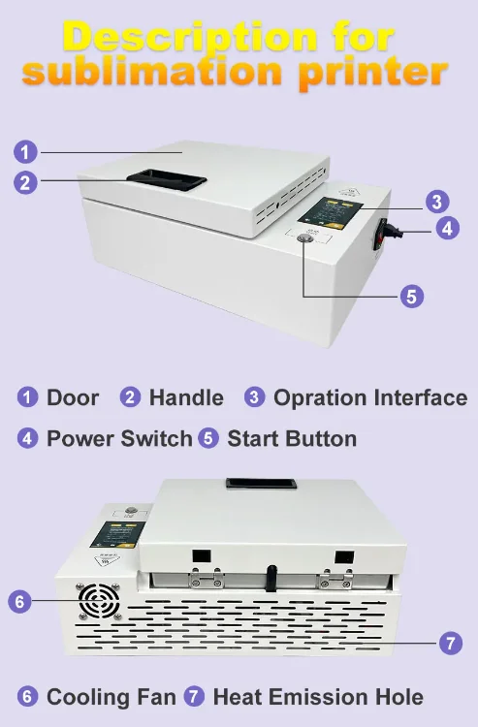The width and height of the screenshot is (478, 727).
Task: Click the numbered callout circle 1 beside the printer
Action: point(25,151)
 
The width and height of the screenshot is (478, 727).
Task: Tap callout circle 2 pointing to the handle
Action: point(25,182)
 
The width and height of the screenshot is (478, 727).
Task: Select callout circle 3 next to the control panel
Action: point(436,202)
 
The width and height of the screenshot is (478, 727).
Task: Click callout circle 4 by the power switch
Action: point(447,228)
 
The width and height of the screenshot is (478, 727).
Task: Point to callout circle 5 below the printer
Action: point(412,296)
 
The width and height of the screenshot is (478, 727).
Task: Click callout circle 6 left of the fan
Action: point(20,601)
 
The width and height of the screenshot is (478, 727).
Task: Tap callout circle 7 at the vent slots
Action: point(451,643)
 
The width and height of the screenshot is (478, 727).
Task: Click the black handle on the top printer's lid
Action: point(166,180)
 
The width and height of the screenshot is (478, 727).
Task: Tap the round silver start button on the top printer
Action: point(305,238)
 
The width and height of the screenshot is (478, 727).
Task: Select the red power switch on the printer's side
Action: point(380,236)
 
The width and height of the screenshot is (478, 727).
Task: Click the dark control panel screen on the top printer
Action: point(330,214)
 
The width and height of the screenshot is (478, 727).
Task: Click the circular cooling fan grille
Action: point(99,601)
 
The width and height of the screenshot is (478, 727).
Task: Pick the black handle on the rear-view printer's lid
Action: point(261,483)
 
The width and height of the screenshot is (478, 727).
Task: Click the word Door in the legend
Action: point(73,397)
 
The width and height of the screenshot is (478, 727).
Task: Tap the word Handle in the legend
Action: point(186,397)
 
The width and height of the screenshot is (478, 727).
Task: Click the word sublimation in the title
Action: point(151,71)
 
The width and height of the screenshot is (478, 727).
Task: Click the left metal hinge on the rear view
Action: point(206,578)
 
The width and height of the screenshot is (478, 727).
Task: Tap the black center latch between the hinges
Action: point(270,578)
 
